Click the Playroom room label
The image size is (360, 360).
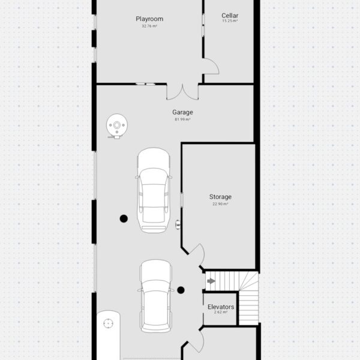point(149,19)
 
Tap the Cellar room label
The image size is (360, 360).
point(230,16)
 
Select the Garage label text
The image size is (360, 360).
point(182,112)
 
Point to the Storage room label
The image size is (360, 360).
point(220,197)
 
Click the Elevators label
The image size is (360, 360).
point(221,307)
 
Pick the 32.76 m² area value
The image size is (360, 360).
point(149,26)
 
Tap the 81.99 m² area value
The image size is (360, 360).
point(182,119)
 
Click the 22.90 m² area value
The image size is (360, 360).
point(220,204)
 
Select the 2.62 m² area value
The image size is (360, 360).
point(221,312)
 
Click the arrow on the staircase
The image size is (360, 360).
point(211,281)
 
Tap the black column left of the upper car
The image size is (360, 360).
point(124,218)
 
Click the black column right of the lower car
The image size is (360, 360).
point(181,290)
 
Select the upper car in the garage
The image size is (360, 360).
point(154,190)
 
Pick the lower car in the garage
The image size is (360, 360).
point(156,296)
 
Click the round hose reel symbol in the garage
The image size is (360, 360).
point(117,126)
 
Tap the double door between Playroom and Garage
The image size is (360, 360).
point(182,92)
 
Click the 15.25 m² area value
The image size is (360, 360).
point(230,20)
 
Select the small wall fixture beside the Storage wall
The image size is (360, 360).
point(178,224)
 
